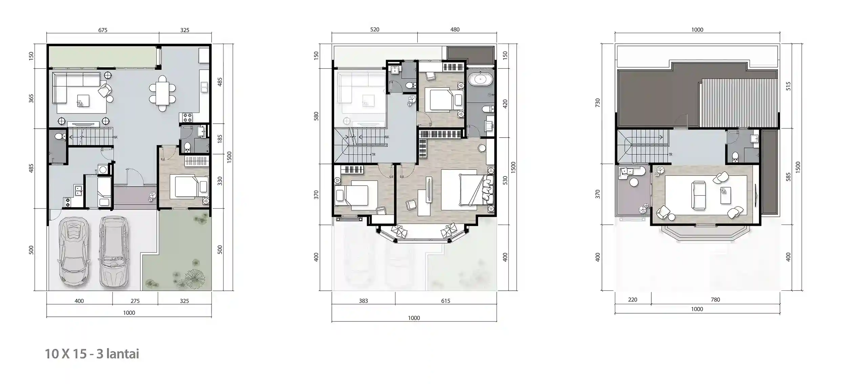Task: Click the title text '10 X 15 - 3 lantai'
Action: [92, 354]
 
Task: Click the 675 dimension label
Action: [103, 30]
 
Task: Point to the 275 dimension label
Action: [135, 301]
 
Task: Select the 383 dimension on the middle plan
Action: [363, 301]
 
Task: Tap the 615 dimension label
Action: [445, 301]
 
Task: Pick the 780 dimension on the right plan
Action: [715, 299]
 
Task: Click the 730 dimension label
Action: [598, 103]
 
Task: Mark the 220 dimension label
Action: [632, 299]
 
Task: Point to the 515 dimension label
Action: [788, 86]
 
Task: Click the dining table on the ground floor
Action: [162, 94]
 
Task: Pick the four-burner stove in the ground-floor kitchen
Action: [188, 118]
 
